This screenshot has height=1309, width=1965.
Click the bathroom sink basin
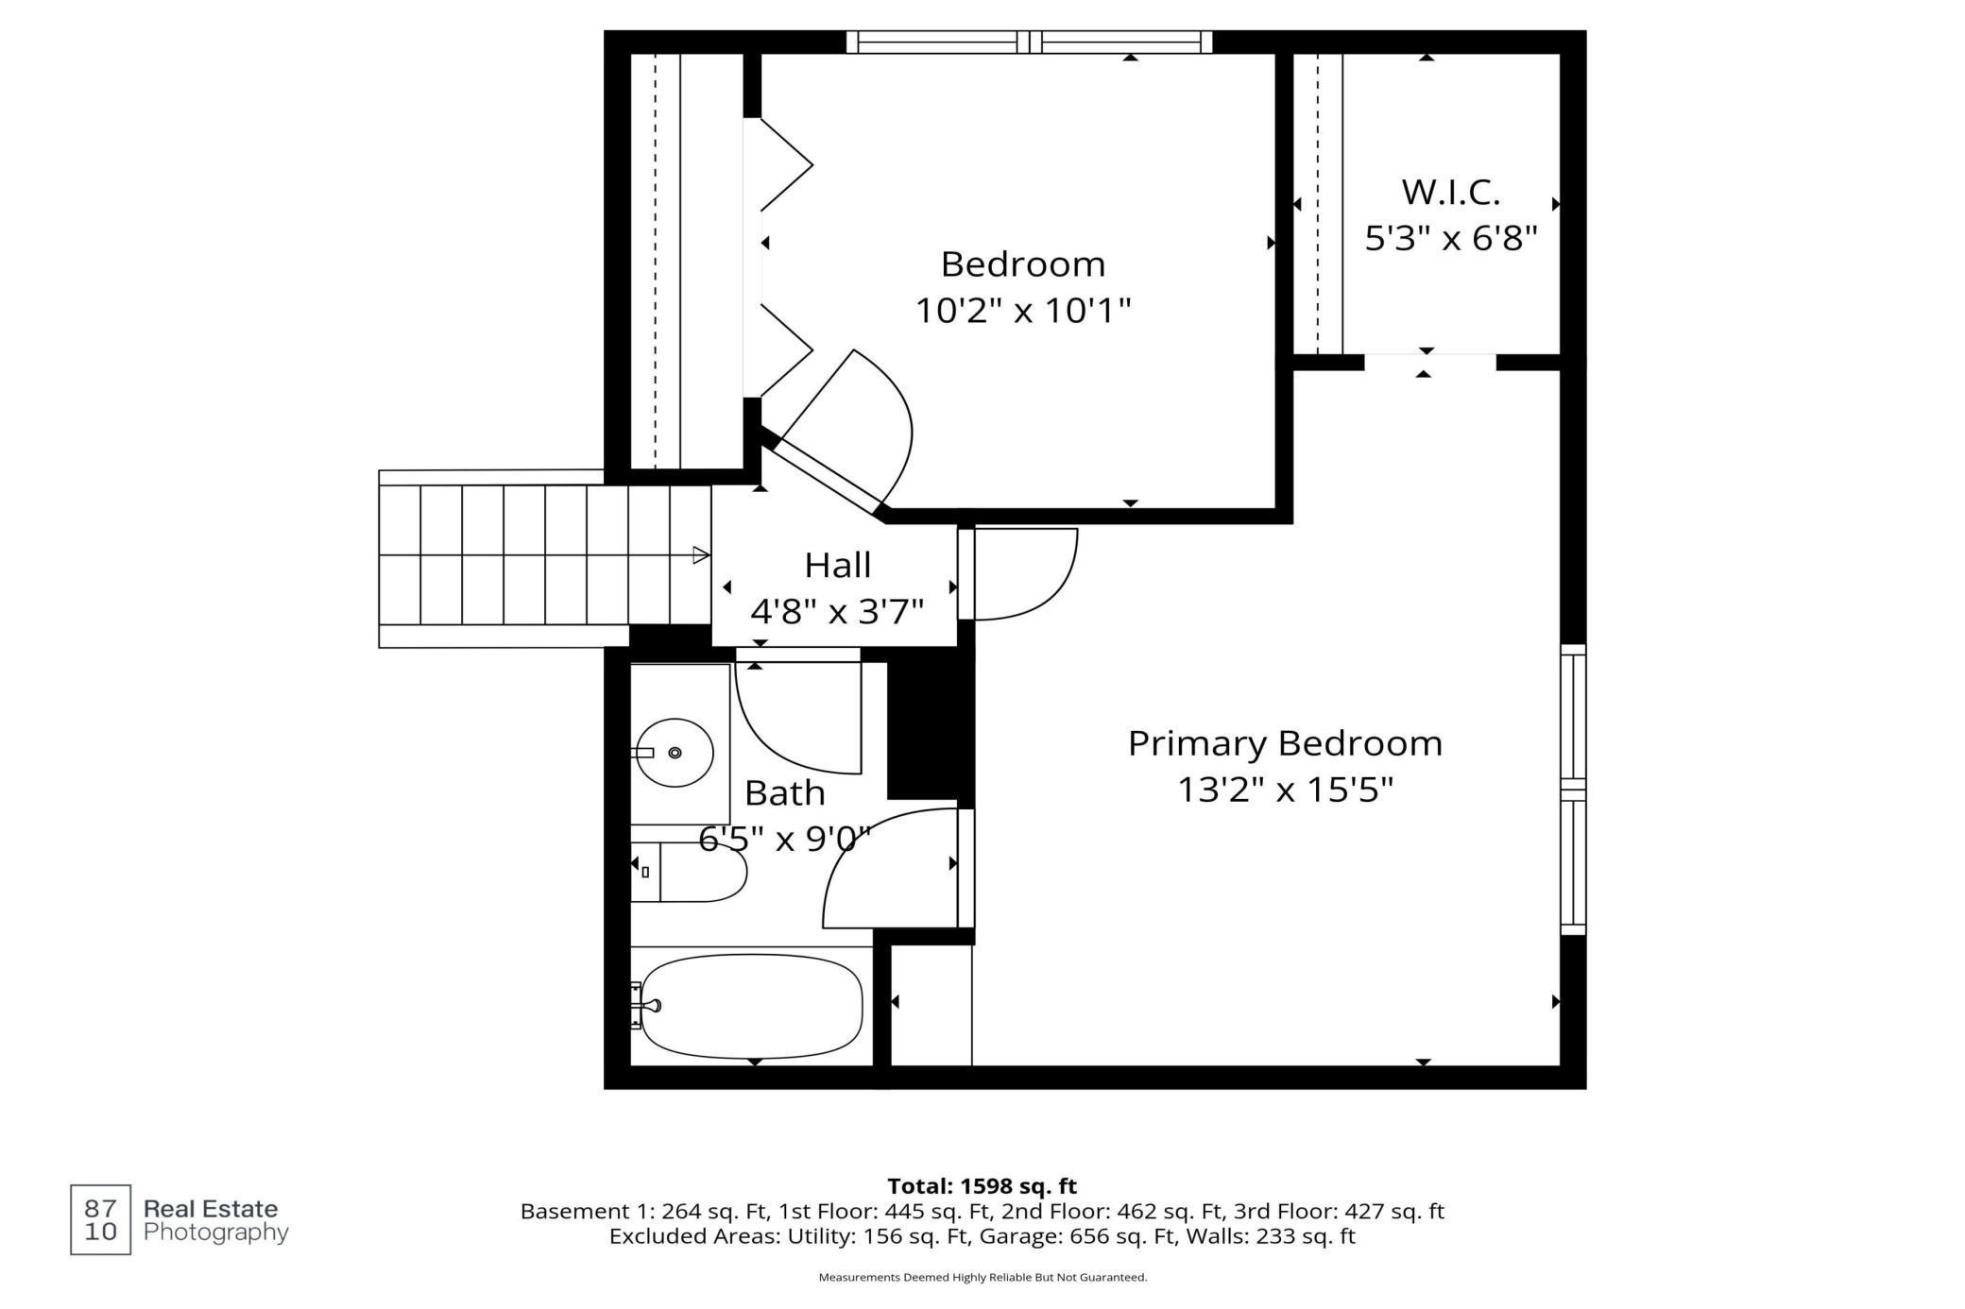pyautogui.click(x=674, y=752)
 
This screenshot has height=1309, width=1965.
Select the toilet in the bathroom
pyautogui.click(x=690, y=872)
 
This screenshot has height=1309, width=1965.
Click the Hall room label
pyautogui.click(x=838, y=566)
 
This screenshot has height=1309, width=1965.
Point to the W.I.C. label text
pyautogui.click(x=1451, y=193)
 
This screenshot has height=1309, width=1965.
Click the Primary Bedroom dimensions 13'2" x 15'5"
pyautogui.click(x=1285, y=789)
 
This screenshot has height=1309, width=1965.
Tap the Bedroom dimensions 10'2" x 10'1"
pyautogui.click(x=1023, y=310)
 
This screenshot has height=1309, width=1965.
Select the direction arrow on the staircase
pyautogui.click(x=701, y=555)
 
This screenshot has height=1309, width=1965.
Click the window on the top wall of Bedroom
pyautogui.click(x=1029, y=42)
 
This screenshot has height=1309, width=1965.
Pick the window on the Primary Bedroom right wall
pyautogui.click(x=1573, y=790)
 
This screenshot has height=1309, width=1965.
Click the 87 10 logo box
pyautogui.click(x=101, y=1219)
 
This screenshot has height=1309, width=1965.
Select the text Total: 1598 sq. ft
pyautogui.click(x=982, y=1186)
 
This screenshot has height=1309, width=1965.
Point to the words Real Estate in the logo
pyautogui.click(x=211, y=1209)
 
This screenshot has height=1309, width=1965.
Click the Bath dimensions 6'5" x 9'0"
pyautogui.click(x=784, y=838)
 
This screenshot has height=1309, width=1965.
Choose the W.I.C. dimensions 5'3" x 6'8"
pyautogui.click(x=1451, y=238)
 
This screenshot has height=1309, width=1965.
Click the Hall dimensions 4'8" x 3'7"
pyautogui.click(x=837, y=612)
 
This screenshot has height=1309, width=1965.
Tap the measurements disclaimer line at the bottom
pyautogui.click(x=982, y=1278)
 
